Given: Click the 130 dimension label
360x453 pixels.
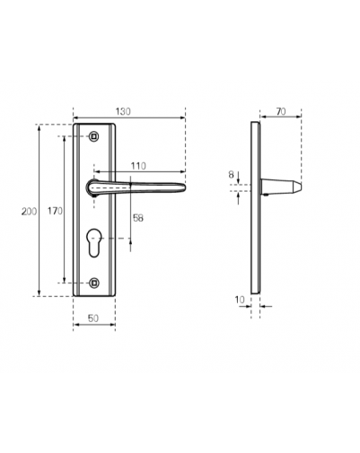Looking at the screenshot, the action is click(x=123, y=111).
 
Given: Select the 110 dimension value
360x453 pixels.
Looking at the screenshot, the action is click(x=138, y=166).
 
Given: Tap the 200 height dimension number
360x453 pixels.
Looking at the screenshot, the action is click(x=29, y=212).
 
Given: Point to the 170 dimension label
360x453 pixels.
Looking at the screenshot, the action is click(x=55, y=211).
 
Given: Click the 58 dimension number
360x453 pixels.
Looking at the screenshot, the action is click(x=138, y=218).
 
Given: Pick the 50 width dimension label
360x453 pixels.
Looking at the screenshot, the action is click(x=93, y=318).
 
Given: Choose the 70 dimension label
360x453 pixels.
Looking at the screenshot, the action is click(x=281, y=112).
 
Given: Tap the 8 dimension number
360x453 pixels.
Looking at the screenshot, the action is click(x=231, y=175).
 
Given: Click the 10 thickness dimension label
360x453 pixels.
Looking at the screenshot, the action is click(x=240, y=300).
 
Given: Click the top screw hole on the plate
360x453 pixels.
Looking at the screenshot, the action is click(x=94, y=136).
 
